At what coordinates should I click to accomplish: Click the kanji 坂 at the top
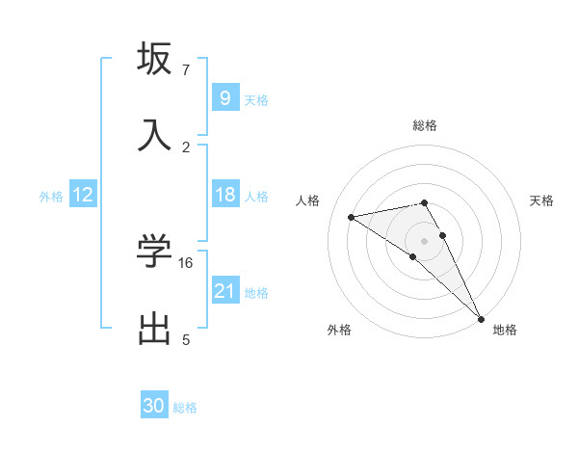tap(154, 60)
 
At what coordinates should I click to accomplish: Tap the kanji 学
tap(154, 253)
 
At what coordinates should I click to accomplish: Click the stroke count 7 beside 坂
tap(186, 70)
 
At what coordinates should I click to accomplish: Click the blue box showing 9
tap(224, 97)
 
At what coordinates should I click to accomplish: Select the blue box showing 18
tap(224, 195)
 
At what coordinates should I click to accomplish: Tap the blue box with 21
tap(224, 291)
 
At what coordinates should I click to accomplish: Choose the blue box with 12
tap(83, 195)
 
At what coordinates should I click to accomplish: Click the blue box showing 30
tap(154, 406)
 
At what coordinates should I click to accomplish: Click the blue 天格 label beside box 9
tap(256, 99)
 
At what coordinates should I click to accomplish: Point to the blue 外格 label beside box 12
tap(51, 196)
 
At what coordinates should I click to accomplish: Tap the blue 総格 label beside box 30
tap(185, 408)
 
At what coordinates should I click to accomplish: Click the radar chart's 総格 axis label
tap(425, 125)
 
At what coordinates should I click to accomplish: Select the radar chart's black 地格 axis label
tap(505, 330)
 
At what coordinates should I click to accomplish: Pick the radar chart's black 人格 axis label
tap(308, 200)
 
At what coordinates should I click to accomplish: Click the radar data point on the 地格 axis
tap(481, 318)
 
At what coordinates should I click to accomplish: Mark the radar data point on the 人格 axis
tap(351, 217)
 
